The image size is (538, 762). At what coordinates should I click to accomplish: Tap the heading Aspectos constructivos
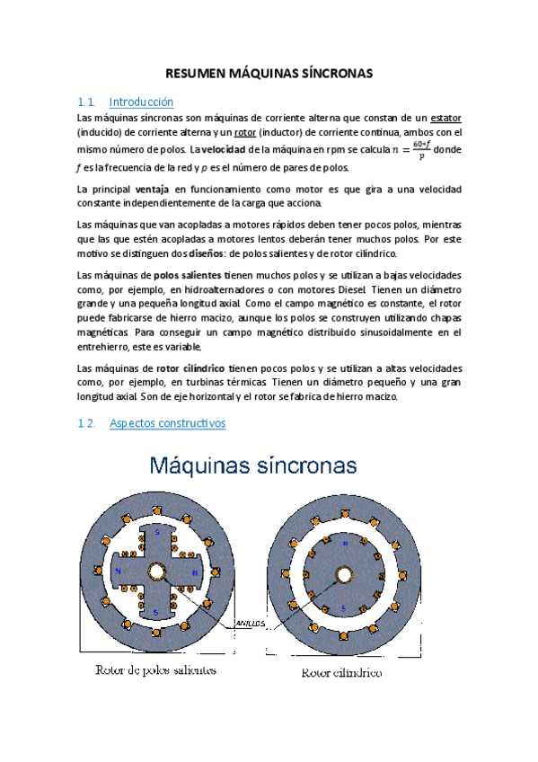[167, 422]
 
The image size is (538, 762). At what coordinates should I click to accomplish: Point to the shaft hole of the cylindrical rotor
[343, 574]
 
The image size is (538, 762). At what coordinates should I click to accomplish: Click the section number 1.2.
[87, 422]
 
